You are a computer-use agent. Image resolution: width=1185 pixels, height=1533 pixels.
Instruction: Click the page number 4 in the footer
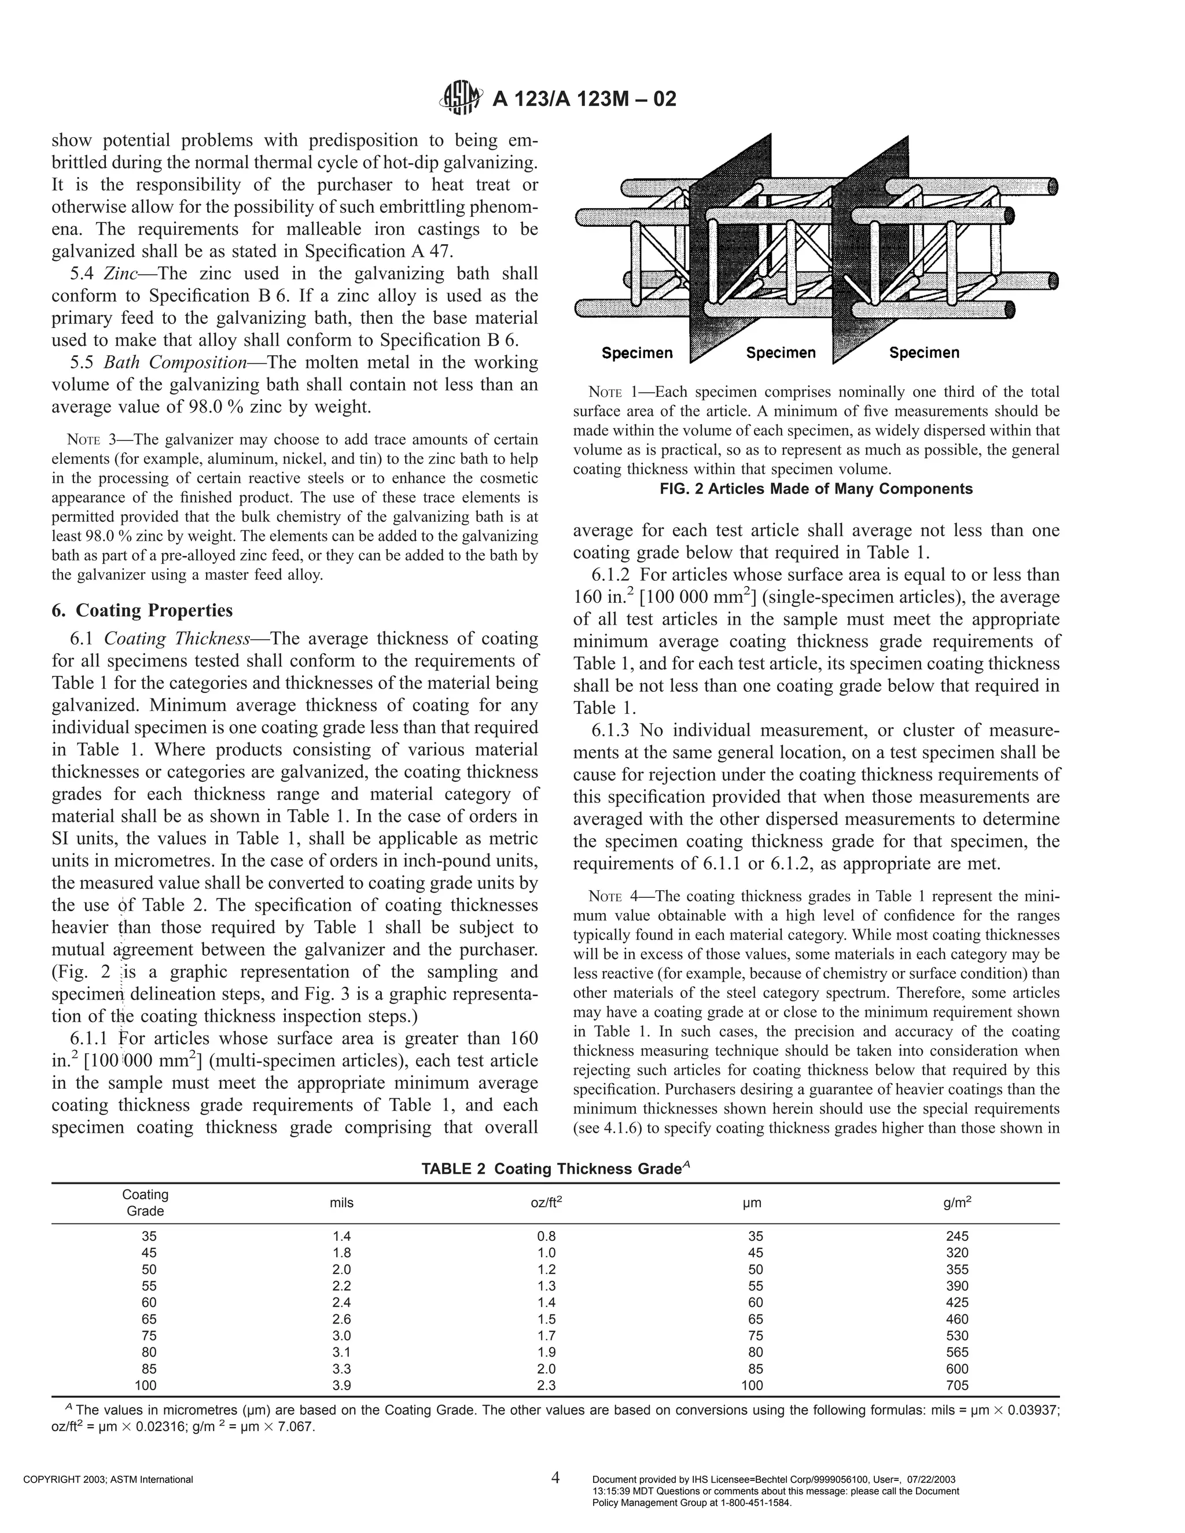tap(555, 1477)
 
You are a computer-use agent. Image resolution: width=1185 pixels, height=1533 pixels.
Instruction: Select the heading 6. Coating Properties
tap(142, 610)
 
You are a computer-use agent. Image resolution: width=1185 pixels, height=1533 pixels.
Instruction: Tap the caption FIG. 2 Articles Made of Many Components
tap(816, 489)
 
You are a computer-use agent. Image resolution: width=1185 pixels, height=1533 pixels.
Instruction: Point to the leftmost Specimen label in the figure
tap(636, 353)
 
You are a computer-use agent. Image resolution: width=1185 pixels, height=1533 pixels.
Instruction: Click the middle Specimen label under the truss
tap(781, 353)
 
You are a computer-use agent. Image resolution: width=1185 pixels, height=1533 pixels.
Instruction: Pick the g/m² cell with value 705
tap(957, 1385)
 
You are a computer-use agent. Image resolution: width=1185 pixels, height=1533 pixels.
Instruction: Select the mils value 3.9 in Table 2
tap(341, 1385)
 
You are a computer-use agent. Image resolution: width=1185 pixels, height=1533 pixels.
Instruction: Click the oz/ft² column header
tap(546, 1203)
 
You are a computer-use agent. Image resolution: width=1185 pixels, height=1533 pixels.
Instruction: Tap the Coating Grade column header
tap(145, 1203)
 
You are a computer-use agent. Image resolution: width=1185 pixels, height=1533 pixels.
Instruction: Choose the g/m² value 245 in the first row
tap(957, 1236)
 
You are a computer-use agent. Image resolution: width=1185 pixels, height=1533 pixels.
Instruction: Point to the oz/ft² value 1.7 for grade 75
tap(546, 1336)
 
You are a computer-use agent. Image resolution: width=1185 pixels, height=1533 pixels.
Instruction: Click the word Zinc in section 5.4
tap(119, 273)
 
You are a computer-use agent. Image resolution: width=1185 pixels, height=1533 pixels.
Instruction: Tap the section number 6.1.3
tap(611, 730)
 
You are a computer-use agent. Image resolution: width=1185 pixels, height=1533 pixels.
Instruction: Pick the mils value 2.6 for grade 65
tap(341, 1319)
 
